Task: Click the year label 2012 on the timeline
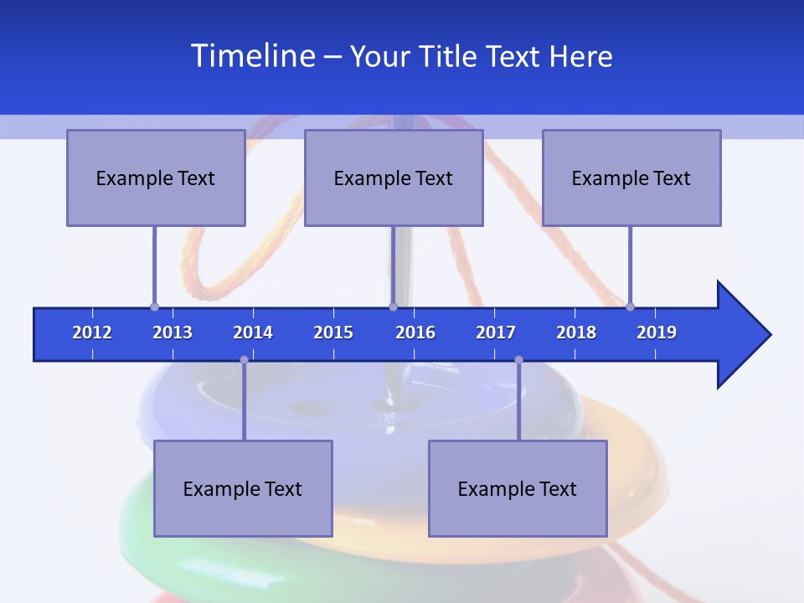pyautogui.click(x=92, y=332)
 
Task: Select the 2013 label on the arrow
pyautogui.click(x=173, y=332)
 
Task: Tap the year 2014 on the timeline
pyautogui.click(x=253, y=332)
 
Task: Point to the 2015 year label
pyautogui.click(x=333, y=332)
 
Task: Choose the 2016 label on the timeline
pyautogui.click(x=415, y=332)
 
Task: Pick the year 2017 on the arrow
pyautogui.click(x=496, y=332)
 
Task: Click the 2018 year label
pyautogui.click(x=576, y=332)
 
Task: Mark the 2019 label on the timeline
pyautogui.click(x=657, y=332)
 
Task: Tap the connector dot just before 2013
pyautogui.click(x=154, y=307)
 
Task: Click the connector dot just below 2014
pyautogui.click(x=244, y=359)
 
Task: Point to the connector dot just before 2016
pyautogui.click(x=393, y=307)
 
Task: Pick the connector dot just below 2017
pyautogui.click(x=518, y=359)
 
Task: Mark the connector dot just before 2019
pyautogui.click(x=630, y=307)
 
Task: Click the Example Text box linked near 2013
pyautogui.click(x=156, y=178)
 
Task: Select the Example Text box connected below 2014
pyautogui.click(x=243, y=488)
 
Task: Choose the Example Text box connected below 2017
pyautogui.click(x=518, y=488)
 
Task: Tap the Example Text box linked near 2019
pyautogui.click(x=631, y=178)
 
